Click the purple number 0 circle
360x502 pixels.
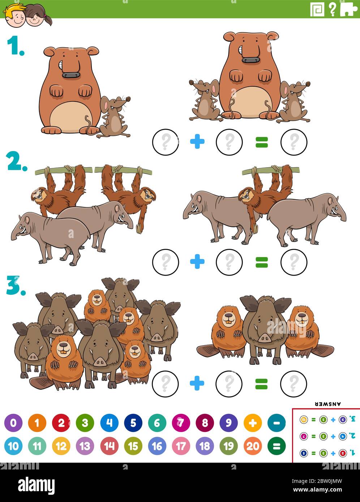click(x=13, y=423)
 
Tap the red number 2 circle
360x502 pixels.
click(x=61, y=423)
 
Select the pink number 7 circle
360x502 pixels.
click(x=181, y=423)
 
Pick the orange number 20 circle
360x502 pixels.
click(x=252, y=446)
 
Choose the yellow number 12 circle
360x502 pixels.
click(x=61, y=446)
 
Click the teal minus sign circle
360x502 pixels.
click(x=276, y=423)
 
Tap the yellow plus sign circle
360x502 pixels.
click(x=252, y=423)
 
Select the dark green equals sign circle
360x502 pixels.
click(x=276, y=446)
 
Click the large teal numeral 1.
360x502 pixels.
click(x=15, y=47)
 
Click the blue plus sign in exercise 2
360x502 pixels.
click(x=197, y=262)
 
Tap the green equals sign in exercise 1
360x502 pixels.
click(x=261, y=142)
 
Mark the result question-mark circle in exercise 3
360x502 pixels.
click(x=293, y=383)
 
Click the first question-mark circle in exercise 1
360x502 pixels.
click(x=166, y=142)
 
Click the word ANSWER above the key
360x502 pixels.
click(x=328, y=404)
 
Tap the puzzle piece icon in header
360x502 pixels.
click(x=348, y=9)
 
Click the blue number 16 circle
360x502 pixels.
click(x=157, y=446)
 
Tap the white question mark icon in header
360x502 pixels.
click(x=332, y=9)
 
